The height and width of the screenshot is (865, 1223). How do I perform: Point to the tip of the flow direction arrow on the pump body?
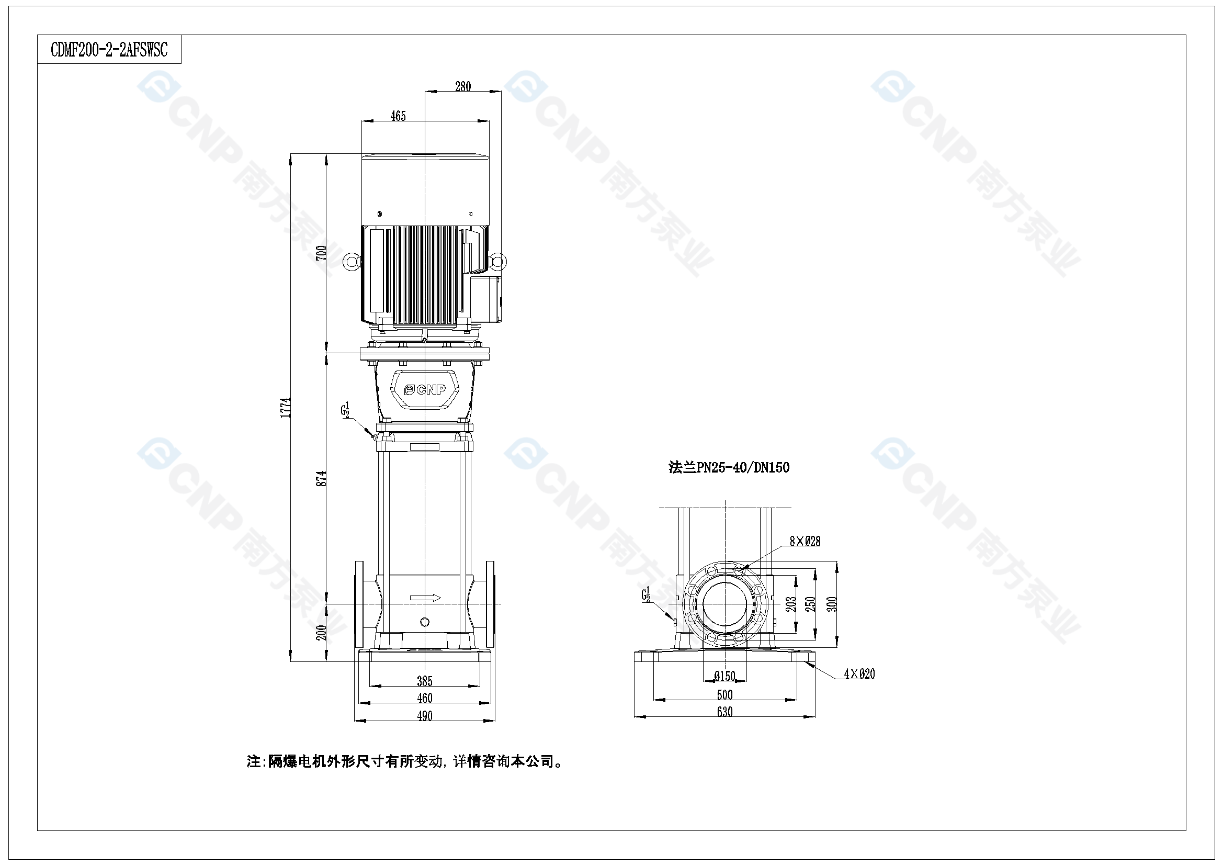click(440, 598)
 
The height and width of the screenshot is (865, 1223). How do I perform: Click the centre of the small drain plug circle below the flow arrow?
click(425, 622)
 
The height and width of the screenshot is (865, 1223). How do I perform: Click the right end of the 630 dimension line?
click(815, 716)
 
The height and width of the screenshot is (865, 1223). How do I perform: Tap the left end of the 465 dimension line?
click(361, 121)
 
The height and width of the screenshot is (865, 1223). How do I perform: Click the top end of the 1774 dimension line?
click(291, 154)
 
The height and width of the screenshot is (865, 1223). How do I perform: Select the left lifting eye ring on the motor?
click(350, 262)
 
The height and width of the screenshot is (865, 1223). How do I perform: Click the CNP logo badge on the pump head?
click(425, 390)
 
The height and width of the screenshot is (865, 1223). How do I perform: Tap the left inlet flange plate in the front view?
click(359, 604)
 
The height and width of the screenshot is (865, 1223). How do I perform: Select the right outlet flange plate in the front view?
click(490, 604)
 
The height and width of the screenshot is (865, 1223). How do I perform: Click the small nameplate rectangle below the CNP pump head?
click(425, 446)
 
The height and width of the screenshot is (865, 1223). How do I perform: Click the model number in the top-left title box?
click(109, 50)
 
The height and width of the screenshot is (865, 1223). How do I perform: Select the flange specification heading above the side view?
click(729, 467)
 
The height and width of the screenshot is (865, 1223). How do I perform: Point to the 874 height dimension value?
click(321, 478)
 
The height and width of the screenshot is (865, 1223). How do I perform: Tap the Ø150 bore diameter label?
click(724, 676)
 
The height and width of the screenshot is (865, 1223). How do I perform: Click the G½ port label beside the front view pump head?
click(345, 410)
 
